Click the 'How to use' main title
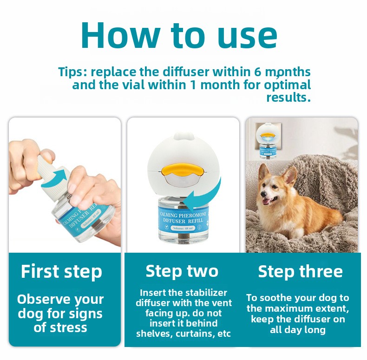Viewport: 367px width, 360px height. click(x=179, y=35)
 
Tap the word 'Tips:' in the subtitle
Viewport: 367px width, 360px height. click(x=72, y=72)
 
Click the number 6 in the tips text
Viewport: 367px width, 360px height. click(x=257, y=72)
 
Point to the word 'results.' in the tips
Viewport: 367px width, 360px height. click(x=288, y=97)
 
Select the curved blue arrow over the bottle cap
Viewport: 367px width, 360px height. click(x=54, y=178)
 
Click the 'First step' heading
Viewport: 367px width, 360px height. click(x=61, y=272)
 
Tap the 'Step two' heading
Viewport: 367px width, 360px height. click(x=182, y=272)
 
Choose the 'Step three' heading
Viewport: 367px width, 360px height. click(x=300, y=272)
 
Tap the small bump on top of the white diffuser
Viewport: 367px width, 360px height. click(x=182, y=136)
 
